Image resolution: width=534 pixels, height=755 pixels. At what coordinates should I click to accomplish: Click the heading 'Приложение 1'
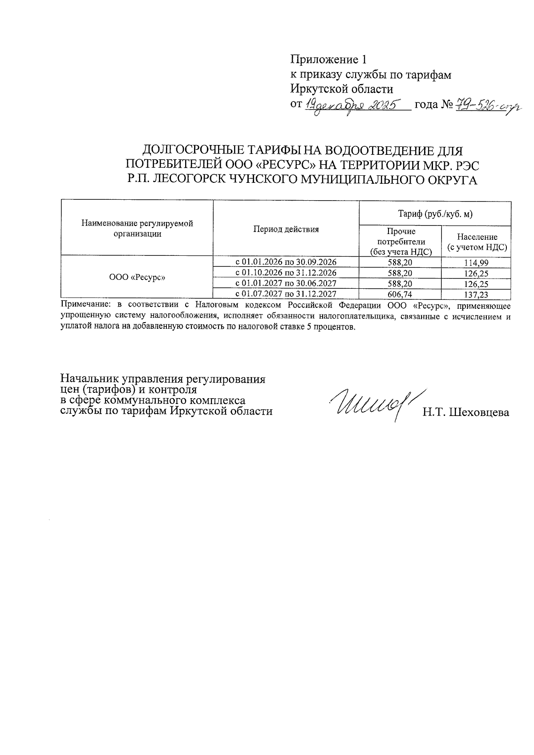click(330, 59)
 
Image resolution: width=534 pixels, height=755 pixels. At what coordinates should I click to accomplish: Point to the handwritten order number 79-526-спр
click(488, 106)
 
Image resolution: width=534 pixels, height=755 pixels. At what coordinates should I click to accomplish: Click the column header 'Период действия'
click(286, 230)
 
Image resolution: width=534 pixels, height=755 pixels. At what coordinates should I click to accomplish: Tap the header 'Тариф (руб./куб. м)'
click(435, 214)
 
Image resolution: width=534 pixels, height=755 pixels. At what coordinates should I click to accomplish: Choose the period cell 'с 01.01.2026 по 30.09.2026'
click(286, 262)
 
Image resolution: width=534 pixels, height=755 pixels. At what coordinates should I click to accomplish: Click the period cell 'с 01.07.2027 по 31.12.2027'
click(286, 294)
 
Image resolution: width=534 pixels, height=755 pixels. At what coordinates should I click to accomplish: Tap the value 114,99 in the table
click(476, 262)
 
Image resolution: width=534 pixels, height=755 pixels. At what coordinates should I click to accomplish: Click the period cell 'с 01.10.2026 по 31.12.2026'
click(286, 272)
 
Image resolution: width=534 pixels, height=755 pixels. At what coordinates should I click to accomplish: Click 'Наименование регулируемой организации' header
click(137, 229)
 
